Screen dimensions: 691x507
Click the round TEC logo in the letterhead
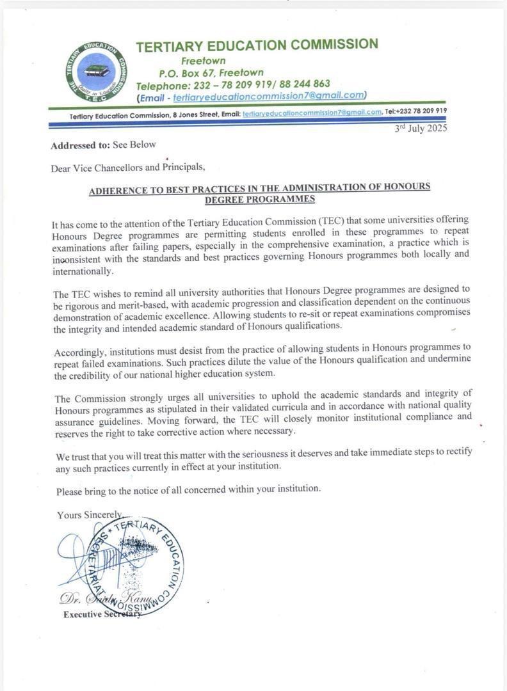[96, 72]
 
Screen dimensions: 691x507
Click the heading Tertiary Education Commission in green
[257, 45]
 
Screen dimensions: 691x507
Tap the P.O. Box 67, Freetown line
[211, 73]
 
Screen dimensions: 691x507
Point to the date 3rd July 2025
[421, 128]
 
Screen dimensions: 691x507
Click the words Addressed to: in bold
[80, 145]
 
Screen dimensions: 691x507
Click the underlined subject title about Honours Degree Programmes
[259, 193]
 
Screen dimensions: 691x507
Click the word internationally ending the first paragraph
[83, 271]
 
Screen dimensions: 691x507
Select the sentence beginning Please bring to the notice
[188, 489]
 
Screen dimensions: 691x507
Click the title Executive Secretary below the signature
[102, 615]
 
